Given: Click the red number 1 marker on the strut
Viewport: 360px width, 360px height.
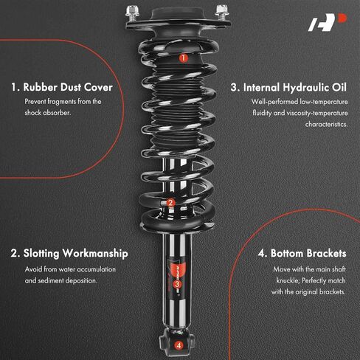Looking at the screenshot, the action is (x=183, y=58).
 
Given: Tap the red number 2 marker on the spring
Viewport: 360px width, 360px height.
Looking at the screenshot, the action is (x=170, y=203).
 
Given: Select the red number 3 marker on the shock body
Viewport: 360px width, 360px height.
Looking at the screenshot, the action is (x=177, y=284).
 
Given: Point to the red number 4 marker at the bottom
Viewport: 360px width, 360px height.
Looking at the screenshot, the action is (x=179, y=345).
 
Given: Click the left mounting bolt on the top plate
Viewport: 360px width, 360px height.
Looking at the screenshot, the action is (x=133, y=13).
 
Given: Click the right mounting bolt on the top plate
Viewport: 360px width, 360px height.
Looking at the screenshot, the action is (x=222, y=13).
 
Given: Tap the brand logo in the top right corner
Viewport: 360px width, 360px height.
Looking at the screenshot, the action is (x=328, y=22).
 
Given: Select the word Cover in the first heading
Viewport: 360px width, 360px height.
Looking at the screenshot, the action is (x=98, y=87).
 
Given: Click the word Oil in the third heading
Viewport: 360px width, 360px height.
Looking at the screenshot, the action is (x=339, y=88).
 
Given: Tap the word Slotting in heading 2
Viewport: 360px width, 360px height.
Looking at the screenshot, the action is (x=41, y=254).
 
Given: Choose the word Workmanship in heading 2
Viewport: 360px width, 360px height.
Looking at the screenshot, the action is (x=95, y=253).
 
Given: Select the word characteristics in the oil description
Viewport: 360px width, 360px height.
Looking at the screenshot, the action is (x=326, y=124).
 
